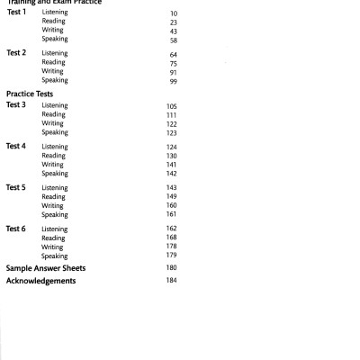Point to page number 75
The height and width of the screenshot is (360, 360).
click(173, 63)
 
